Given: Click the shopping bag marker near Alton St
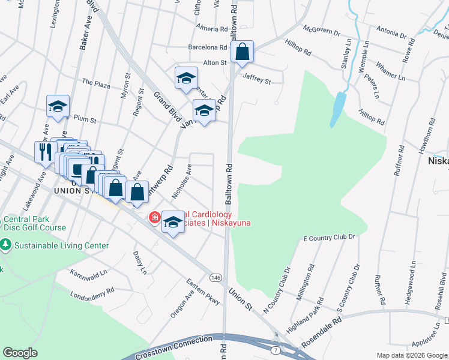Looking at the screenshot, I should (x=242, y=52).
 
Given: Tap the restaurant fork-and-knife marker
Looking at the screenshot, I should (x=44, y=152).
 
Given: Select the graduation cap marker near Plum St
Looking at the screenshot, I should (x=58, y=107).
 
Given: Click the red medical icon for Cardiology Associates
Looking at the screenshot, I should (x=154, y=217).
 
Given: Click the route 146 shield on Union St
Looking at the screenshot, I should (x=216, y=277).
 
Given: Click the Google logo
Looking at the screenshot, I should (x=20, y=353).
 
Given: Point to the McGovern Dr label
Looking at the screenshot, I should (x=322, y=31).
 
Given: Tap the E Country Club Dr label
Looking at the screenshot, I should (x=330, y=238).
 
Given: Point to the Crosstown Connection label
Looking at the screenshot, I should (x=174, y=347).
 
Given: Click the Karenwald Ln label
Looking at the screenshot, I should (x=88, y=272).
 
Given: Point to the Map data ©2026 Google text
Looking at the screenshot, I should (x=412, y=355).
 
